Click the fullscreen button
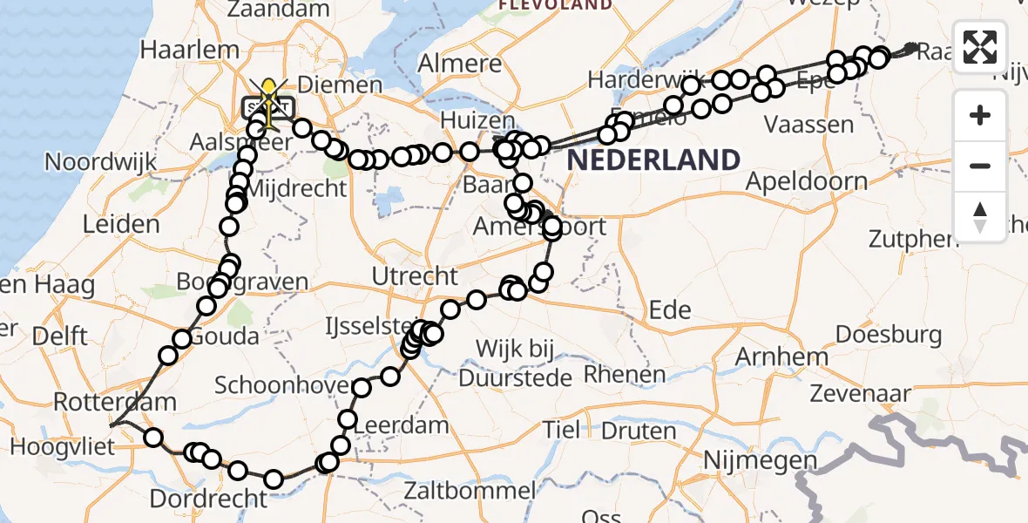coord(980,47)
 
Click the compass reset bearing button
coord(980,216)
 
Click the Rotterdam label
coord(115,403)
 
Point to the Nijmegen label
coord(761,459)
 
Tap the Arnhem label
coord(781,357)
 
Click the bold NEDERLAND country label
coord(653,160)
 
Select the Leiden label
coord(121,224)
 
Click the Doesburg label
coord(888,334)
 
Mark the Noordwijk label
coord(100,161)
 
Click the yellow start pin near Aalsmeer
coord(270,91)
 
